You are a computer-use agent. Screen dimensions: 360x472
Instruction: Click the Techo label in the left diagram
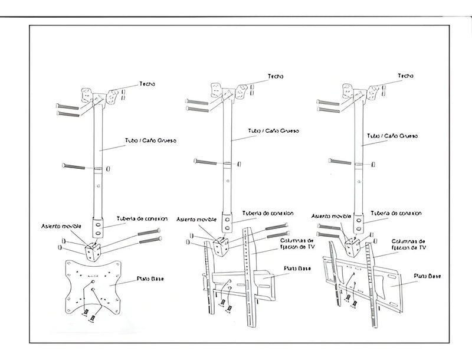[x=147, y=84]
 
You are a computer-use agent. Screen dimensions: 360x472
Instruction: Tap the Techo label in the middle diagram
[x=276, y=76]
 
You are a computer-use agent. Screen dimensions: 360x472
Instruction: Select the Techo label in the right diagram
[x=406, y=76]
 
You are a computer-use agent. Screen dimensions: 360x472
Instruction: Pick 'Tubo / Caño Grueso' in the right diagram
[x=393, y=135]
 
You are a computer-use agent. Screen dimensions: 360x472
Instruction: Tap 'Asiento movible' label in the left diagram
[x=60, y=225]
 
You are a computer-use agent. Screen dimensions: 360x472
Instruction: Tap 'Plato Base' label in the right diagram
[x=427, y=275]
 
